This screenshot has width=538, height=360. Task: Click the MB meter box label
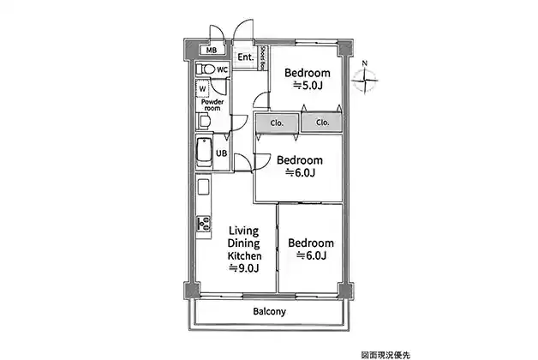tap(212, 51)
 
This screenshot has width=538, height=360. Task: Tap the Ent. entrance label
tap(246, 57)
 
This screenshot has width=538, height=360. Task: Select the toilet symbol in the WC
tap(206, 69)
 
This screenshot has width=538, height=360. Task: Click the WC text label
tap(222, 69)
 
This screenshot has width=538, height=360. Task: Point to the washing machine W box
tap(203, 88)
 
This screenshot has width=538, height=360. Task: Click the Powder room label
tap(212, 105)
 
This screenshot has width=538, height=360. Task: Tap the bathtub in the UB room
tap(204, 152)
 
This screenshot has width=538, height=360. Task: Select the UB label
tap(221, 153)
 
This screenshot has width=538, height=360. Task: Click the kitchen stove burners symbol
tap(204, 223)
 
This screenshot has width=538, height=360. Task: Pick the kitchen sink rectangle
tap(204, 187)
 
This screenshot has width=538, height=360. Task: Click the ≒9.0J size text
tap(244, 268)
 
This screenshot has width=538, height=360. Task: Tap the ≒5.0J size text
tap(308, 85)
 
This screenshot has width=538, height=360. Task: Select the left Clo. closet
tap(277, 123)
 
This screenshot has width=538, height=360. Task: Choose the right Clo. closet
tap(322, 123)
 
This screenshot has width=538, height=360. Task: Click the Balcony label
tap(269, 312)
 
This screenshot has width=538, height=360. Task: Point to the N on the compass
tap(365, 63)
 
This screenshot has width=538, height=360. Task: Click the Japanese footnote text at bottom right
tap(386, 355)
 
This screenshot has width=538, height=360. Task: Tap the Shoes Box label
tap(263, 57)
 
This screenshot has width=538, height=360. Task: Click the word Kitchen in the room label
tap(245, 255)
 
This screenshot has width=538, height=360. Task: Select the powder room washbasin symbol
tap(204, 121)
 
